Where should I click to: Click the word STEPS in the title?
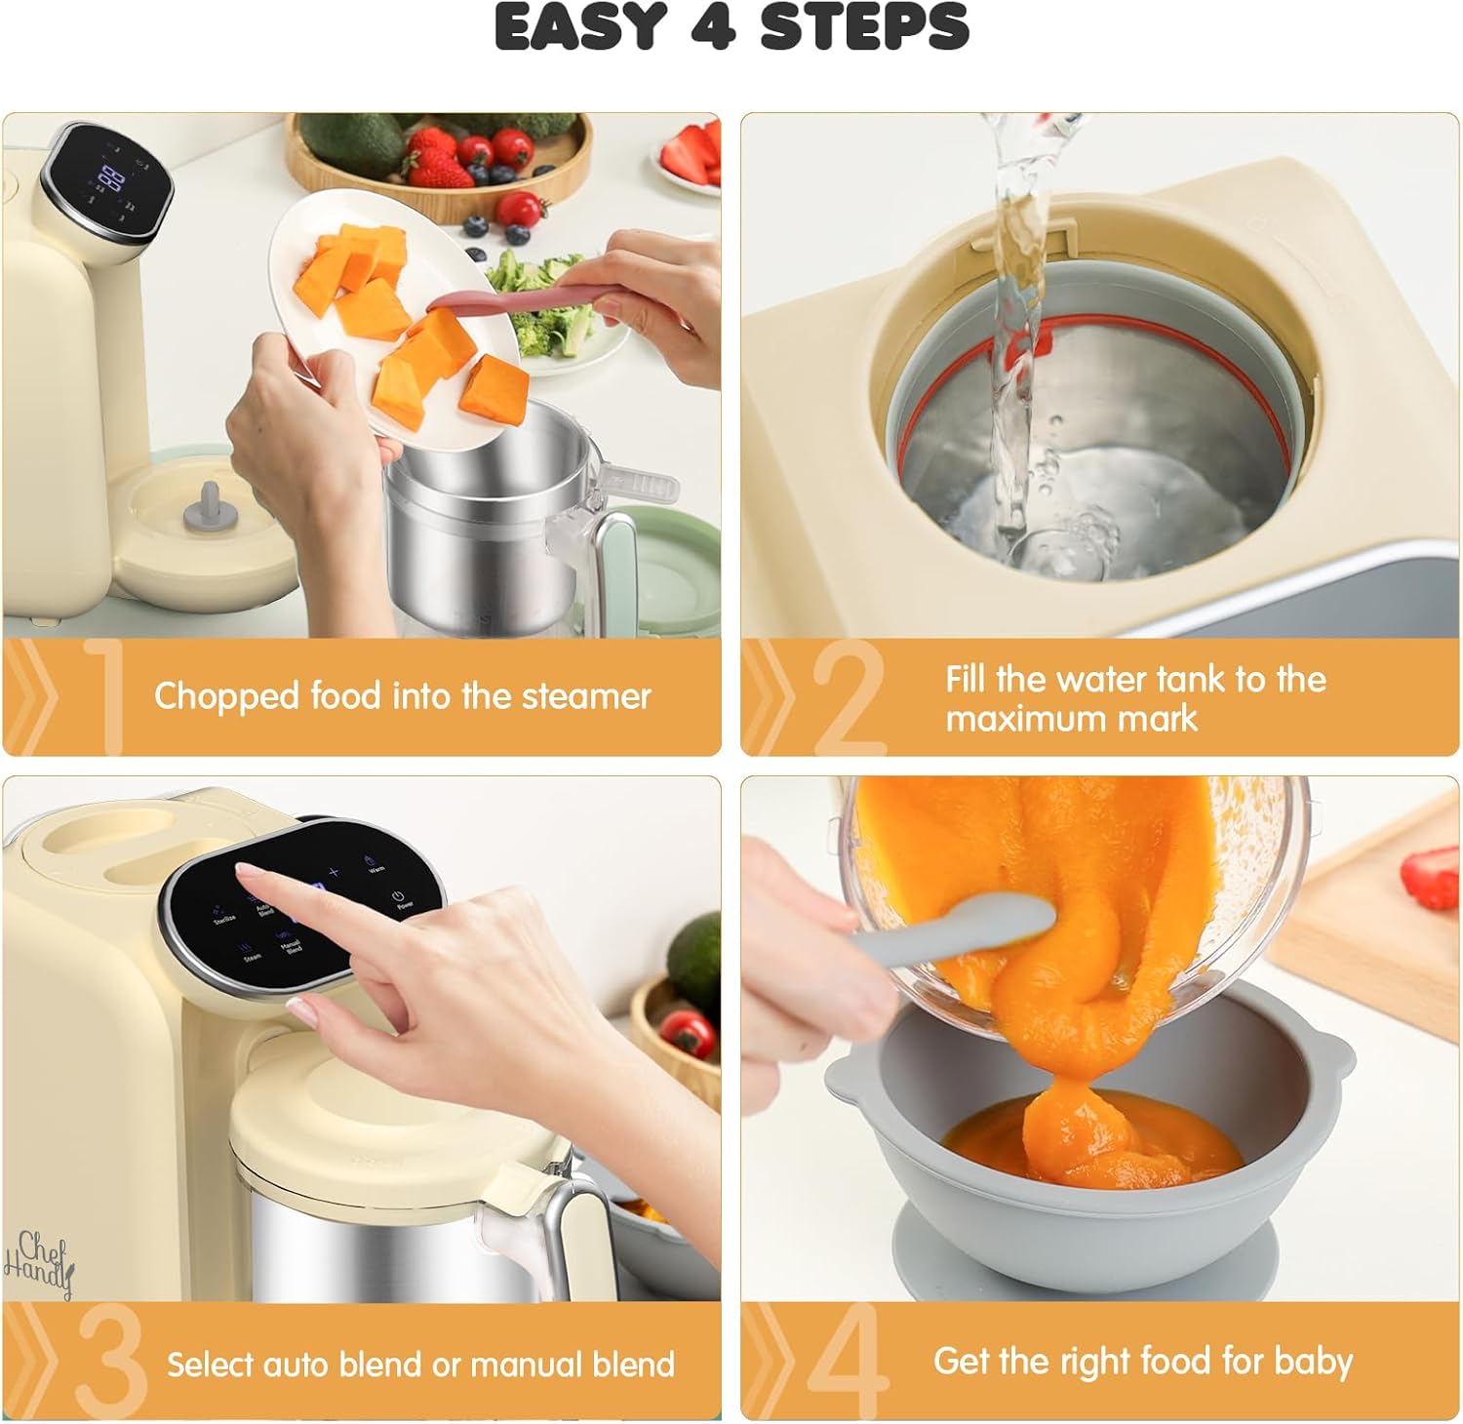coord(864,26)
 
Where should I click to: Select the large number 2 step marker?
coord(848,698)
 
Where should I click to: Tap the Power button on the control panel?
coord(398,898)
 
